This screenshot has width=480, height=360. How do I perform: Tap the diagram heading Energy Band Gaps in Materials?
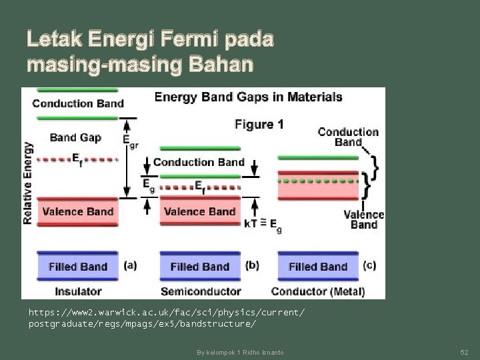click(x=248, y=97)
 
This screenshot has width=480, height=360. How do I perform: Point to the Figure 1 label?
click(x=259, y=124)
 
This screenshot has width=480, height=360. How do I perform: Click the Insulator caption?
click(x=78, y=291)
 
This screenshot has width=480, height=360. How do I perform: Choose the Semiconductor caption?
click(x=200, y=291)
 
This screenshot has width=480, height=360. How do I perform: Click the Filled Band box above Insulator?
click(x=78, y=266)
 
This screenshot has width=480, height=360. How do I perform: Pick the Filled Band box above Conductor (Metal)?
click(x=318, y=266)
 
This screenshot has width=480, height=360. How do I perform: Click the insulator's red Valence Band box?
click(x=78, y=211)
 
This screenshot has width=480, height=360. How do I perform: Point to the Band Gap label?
click(x=75, y=137)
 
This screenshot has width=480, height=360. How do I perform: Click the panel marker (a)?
click(x=131, y=265)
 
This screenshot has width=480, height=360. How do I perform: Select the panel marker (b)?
click(x=252, y=265)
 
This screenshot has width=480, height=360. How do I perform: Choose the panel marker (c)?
click(x=369, y=265)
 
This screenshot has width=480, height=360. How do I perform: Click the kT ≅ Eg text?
click(x=263, y=225)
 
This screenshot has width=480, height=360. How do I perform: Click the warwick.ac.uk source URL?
click(x=167, y=317)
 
